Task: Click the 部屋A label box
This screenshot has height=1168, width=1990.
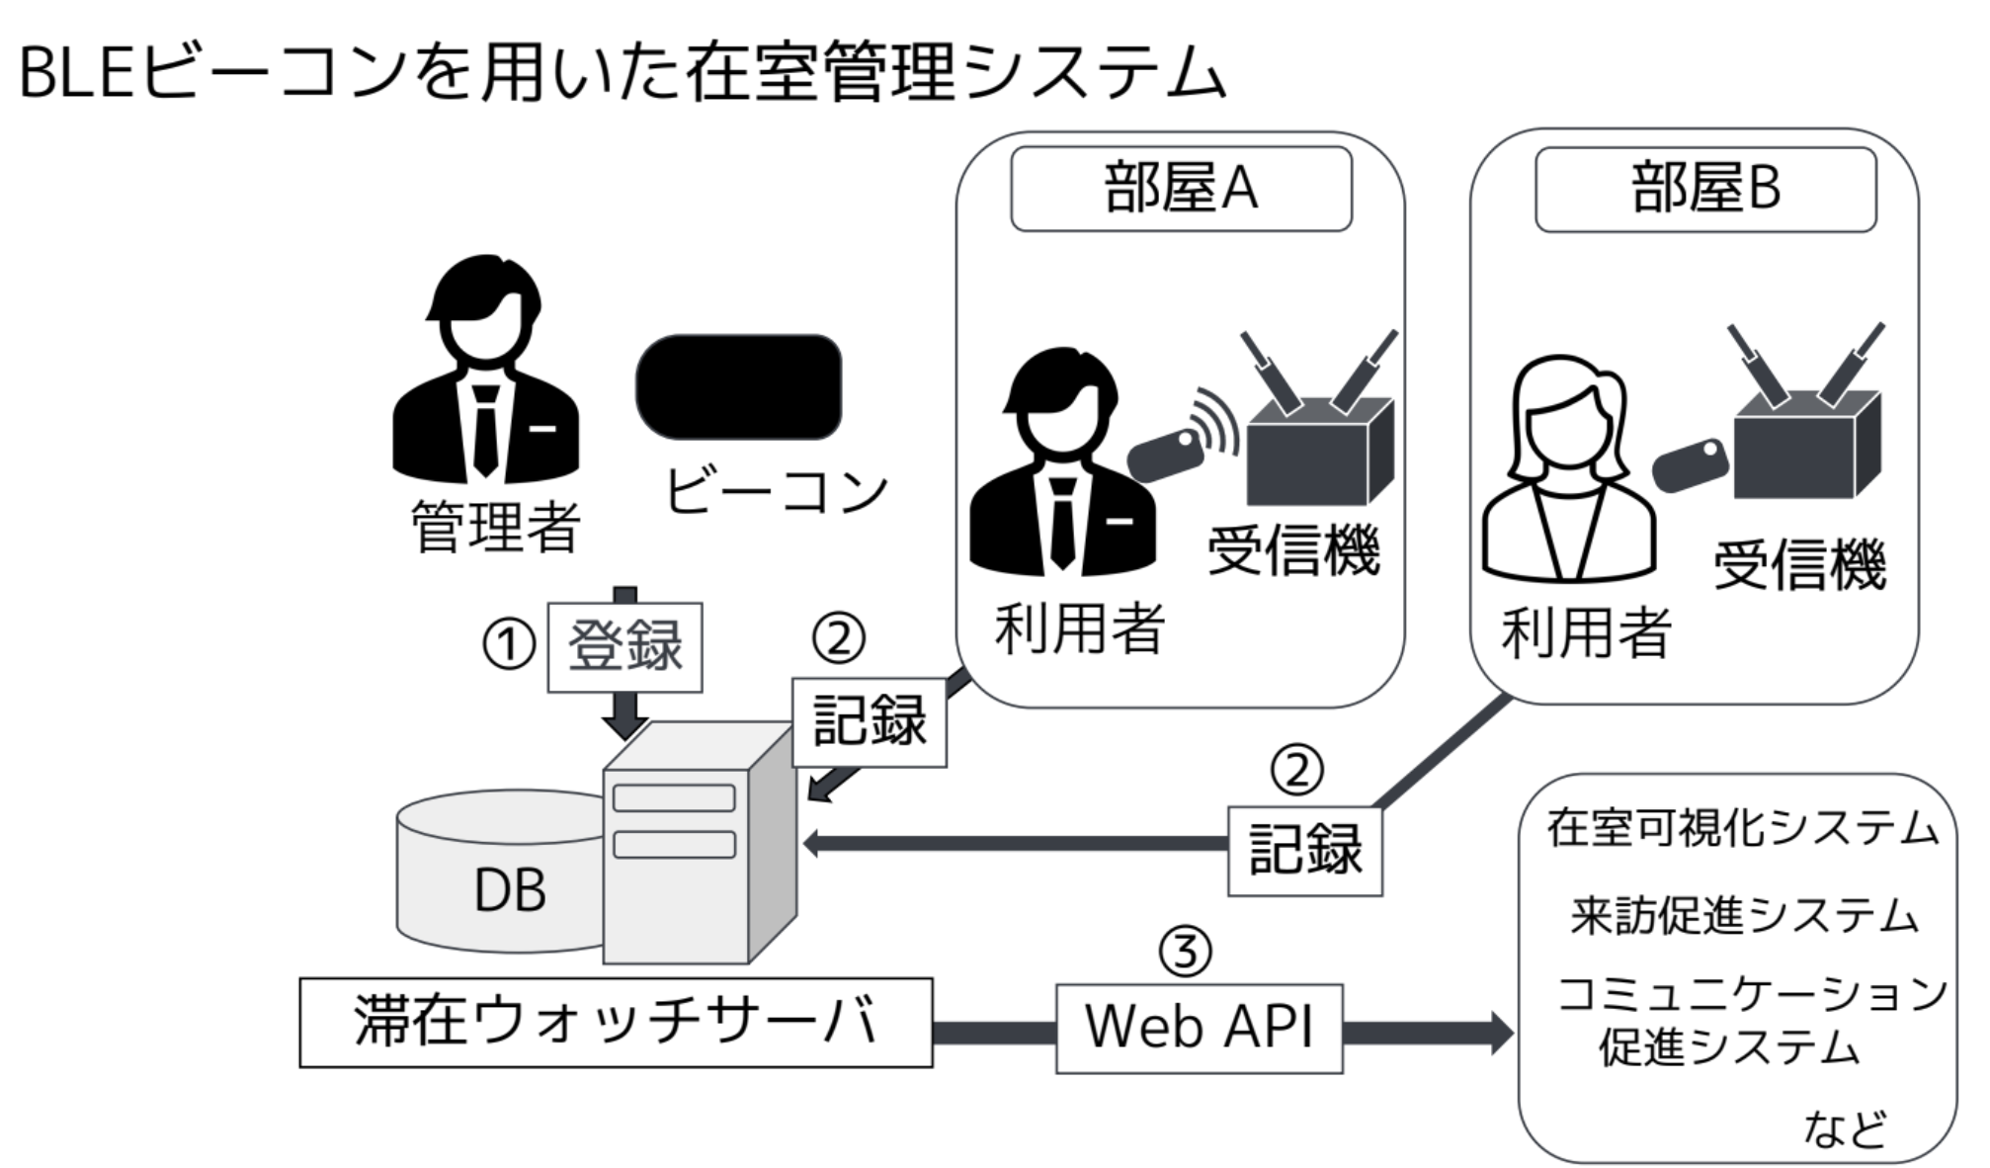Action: click(1180, 189)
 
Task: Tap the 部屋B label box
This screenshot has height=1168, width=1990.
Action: click(1704, 189)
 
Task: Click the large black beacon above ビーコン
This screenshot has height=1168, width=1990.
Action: click(738, 386)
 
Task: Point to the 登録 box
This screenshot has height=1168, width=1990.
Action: click(624, 646)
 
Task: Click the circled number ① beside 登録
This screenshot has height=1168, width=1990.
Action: click(508, 645)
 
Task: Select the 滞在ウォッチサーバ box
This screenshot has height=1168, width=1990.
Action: click(616, 1022)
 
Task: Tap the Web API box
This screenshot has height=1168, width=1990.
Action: click(1199, 1028)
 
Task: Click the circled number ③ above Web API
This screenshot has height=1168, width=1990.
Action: click(1185, 951)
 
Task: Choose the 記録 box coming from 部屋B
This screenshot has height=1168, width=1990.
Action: click(1304, 851)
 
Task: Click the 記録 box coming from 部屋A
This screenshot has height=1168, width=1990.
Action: click(869, 721)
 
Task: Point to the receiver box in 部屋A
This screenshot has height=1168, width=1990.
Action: click(1318, 450)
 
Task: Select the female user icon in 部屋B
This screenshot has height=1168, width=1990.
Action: click(1568, 469)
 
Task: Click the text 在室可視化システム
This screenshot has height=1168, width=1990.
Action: click(1742, 828)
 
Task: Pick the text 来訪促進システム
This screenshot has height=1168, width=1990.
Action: click(1743, 915)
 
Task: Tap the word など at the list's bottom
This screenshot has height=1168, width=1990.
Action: click(1844, 1128)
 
